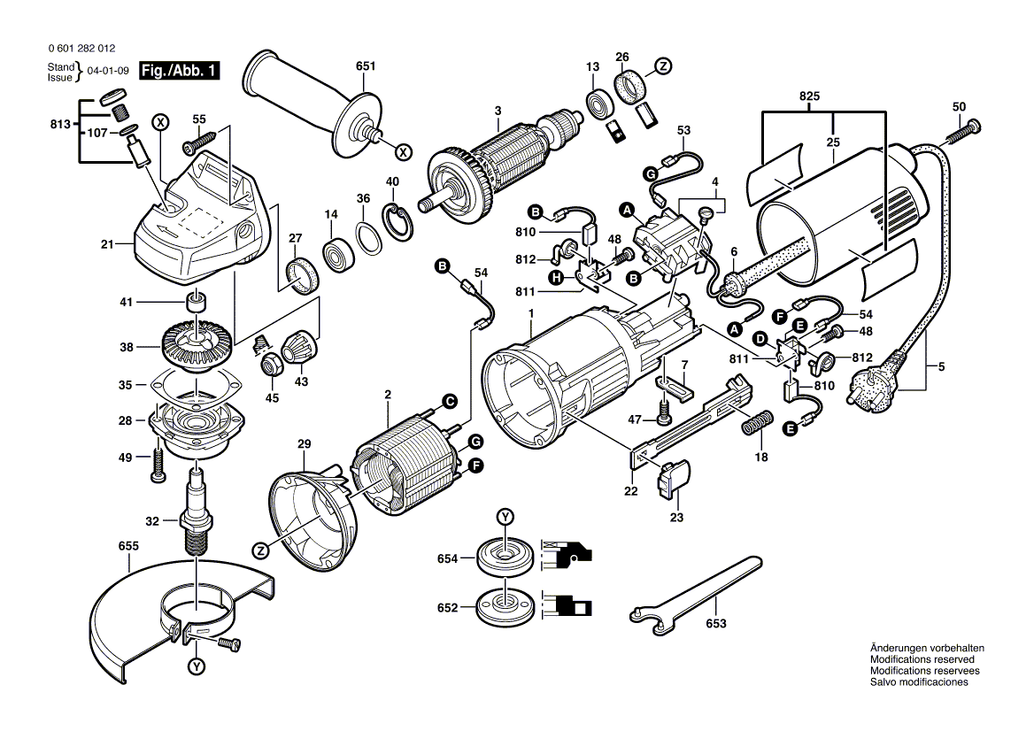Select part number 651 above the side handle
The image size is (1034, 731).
(366, 66)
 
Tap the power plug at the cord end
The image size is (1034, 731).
(876, 384)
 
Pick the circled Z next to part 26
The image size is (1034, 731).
(662, 65)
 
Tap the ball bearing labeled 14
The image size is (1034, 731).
(338, 253)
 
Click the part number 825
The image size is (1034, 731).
(809, 96)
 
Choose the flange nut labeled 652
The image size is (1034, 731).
(503, 609)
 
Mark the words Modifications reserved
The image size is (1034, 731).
(922, 660)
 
